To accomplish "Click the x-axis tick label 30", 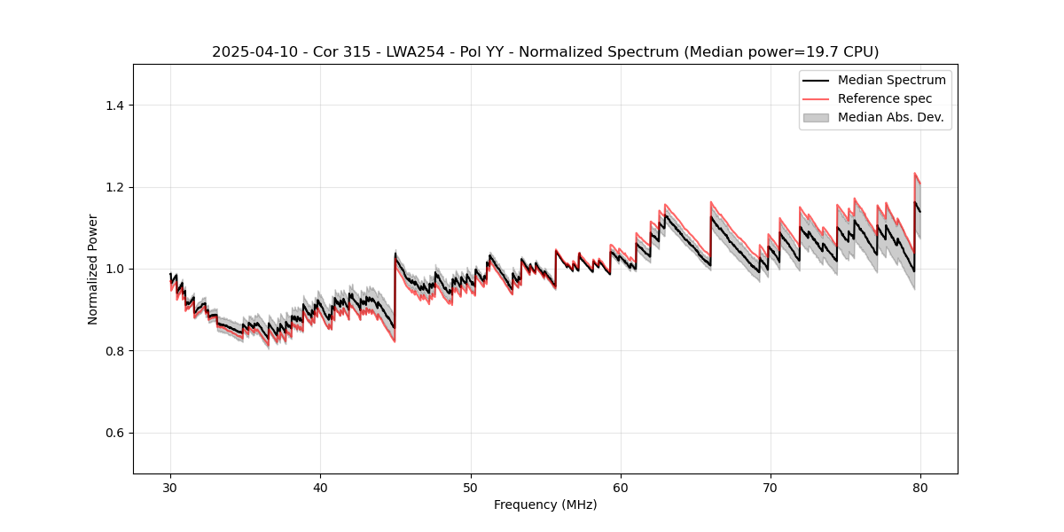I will [x=170, y=487].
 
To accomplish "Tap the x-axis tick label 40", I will [x=320, y=487].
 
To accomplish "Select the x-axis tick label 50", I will [x=471, y=487].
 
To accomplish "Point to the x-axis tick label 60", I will [x=621, y=487].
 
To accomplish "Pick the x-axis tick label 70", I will [x=771, y=487].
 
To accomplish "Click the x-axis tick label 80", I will [x=920, y=487].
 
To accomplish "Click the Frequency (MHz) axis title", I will [x=545, y=505].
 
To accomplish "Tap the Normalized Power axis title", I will [x=93, y=269].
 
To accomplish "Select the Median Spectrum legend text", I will [x=891, y=81].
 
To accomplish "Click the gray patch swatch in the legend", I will [x=816, y=117].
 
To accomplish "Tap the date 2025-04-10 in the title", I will [x=251, y=52].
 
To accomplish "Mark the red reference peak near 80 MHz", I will [x=915, y=174].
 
